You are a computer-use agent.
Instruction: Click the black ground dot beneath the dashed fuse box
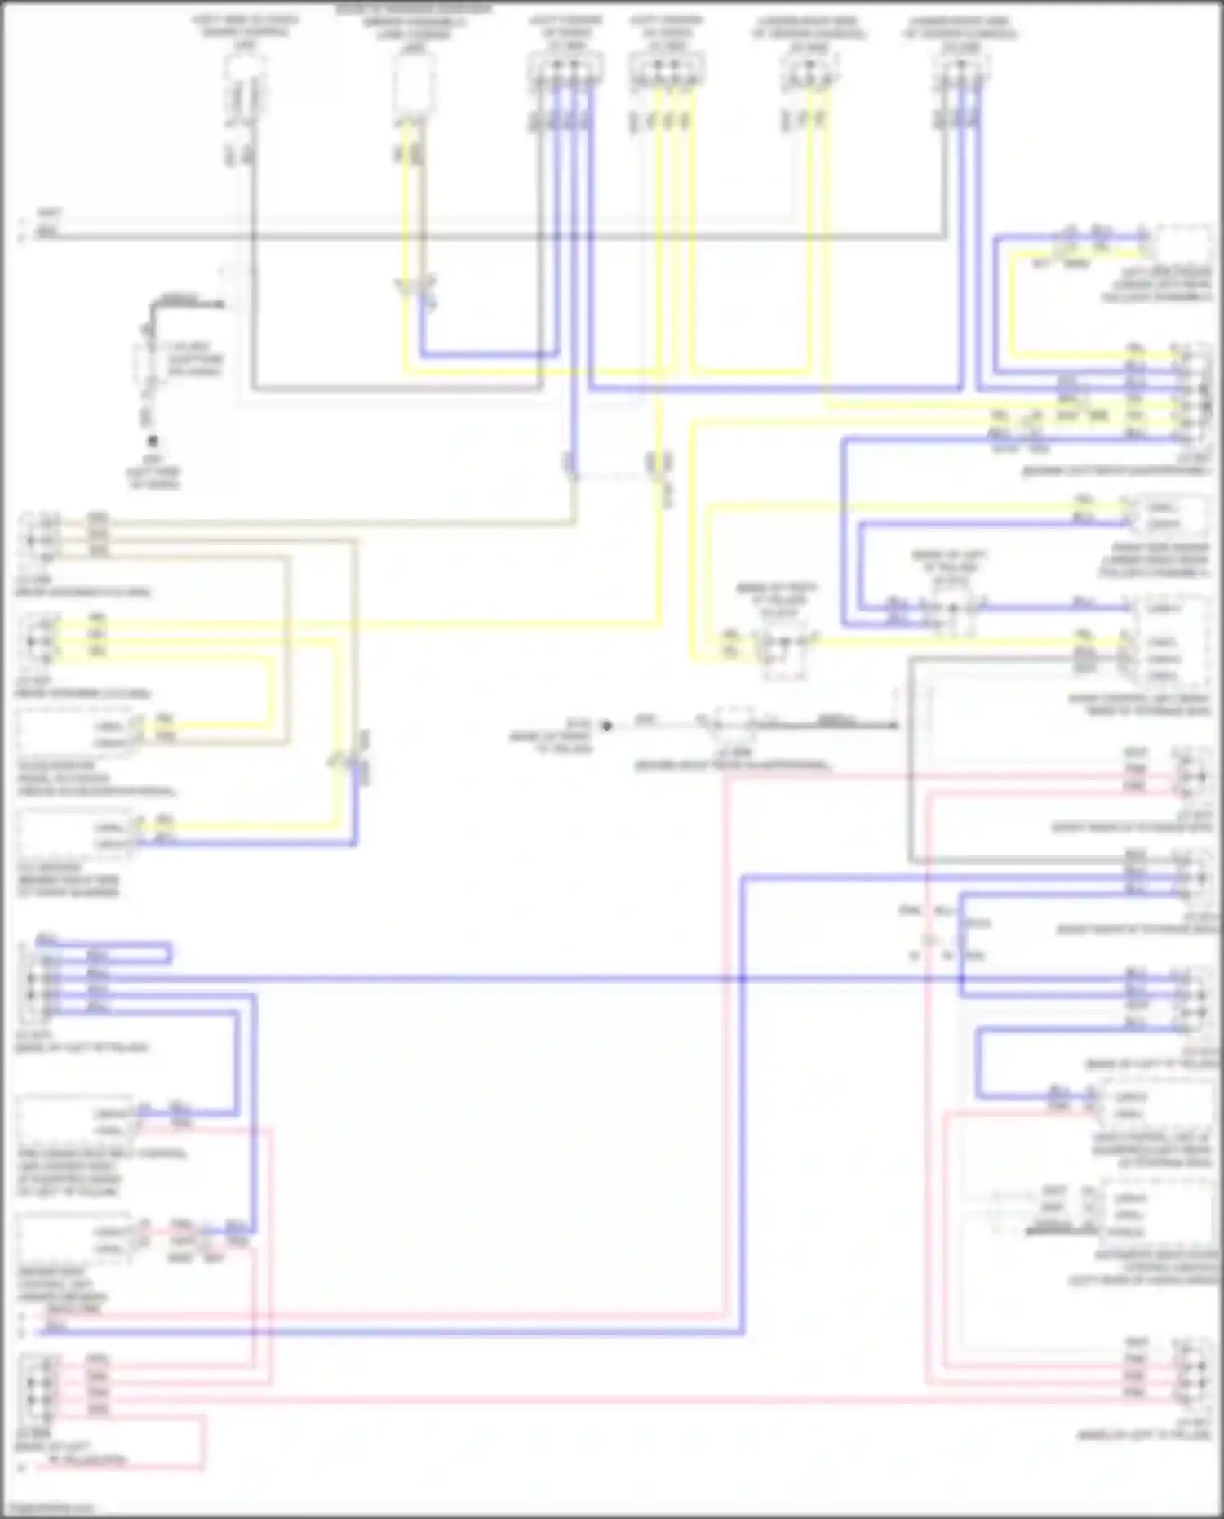pyautogui.click(x=152, y=442)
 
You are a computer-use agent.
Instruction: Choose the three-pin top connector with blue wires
pyautogui.click(x=960, y=75)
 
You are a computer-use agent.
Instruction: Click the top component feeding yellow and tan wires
pyautogui.click(x=412, y=86)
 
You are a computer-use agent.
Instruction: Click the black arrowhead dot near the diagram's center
pyautogui.click(x=606, y=725)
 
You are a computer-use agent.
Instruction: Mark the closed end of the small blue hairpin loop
pyautogui.click(x=169, y=953)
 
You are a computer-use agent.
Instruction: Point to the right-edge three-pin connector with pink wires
pyautogui.click(x=1193, y=770)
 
